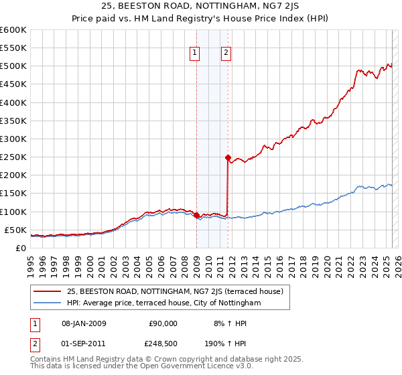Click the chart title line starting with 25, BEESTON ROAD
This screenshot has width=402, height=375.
pos(200,7)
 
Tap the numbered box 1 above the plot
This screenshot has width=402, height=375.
pos(195,54)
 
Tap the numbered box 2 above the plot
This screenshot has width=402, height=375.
pos(226,54)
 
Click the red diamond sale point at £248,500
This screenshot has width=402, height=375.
pos(228,157)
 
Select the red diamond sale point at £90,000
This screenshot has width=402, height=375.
pos(196,215)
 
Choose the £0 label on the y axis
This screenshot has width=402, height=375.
pos(21,248)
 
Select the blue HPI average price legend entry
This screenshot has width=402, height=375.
pos(163,303)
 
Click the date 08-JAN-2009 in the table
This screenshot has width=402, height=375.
pos(83,323)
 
